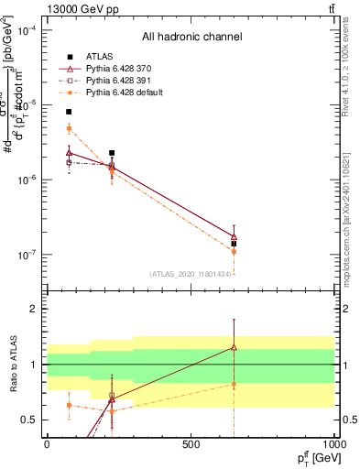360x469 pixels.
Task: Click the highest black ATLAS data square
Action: click(69, 112)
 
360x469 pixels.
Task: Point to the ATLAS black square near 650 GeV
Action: click(234, 244)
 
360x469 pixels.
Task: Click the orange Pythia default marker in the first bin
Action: click(69, 128)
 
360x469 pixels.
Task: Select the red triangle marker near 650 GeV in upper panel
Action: click(234, 236)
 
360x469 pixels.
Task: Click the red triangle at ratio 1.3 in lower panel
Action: click(234, 347)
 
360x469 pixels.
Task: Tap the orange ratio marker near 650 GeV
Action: click(234, 385)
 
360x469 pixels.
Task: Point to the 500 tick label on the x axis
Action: click(191, 443)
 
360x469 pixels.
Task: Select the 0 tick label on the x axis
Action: click(47, 443)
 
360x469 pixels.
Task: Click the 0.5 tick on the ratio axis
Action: click(30, 420)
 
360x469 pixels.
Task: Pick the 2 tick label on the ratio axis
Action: click(35, 310)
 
